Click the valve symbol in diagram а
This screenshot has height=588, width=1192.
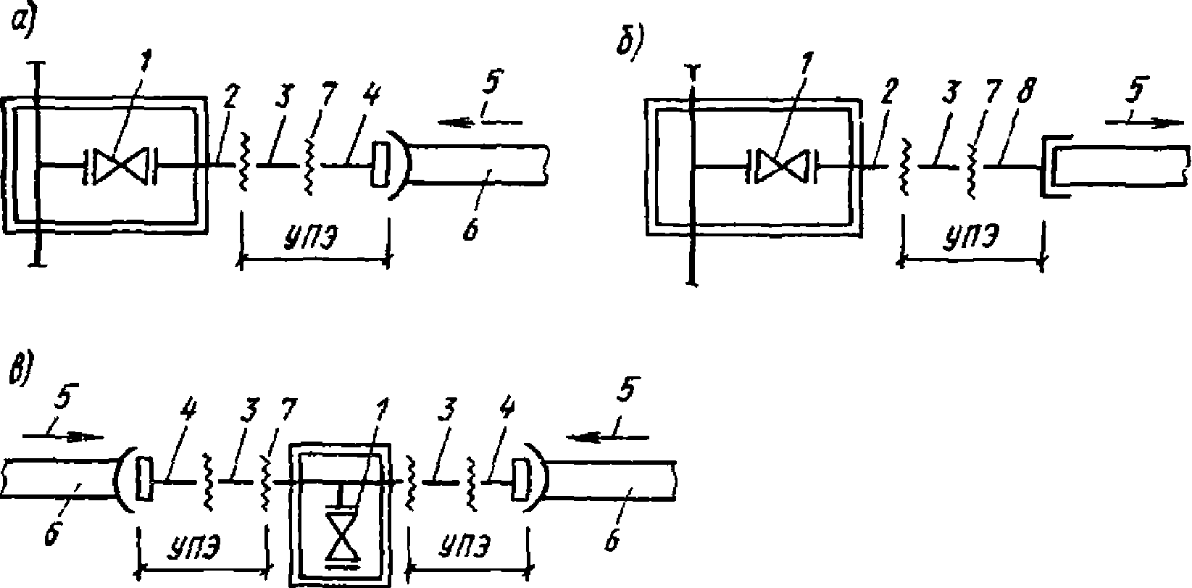(120, 165)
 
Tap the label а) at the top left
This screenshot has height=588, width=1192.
(23, 23)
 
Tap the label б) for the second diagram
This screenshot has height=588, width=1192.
(630, 41)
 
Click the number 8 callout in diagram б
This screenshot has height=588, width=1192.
(1025, 91)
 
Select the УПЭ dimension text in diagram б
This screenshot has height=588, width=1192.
(971, 236)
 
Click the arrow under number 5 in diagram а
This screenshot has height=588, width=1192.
(480, 123)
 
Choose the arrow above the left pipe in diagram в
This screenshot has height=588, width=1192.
(63, 436)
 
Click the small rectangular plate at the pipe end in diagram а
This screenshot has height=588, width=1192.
(380, 164)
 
